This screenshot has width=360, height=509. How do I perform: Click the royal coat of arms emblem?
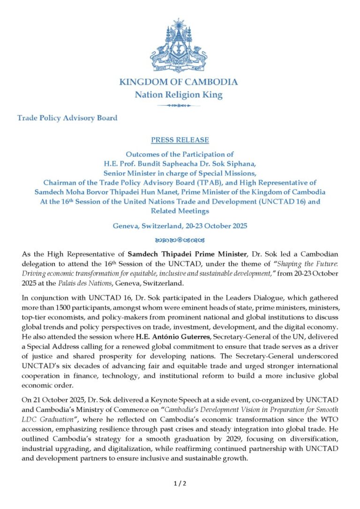tap(178, 46)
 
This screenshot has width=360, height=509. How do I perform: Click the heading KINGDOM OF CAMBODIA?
tap(178, 82)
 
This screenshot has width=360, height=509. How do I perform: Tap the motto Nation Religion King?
tap(178, 95)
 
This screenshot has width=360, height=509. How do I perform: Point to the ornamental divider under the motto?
tap(178, 105)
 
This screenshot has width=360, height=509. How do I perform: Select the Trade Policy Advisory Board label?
tap(67, 118)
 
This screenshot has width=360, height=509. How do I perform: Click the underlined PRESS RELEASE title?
tap(180, 140)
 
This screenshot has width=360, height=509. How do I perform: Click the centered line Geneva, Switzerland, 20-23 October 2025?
tap(180, 225)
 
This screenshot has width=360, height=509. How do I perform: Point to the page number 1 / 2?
tap(180, 483)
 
